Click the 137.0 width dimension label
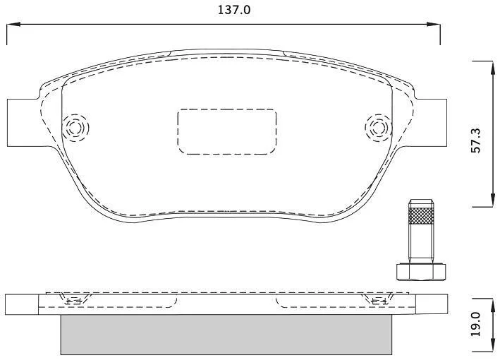[x=234, y=10]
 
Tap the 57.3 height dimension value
[x=475, y=140]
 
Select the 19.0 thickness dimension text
[x=475, y=324]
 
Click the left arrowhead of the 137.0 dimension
[x=13, y=24]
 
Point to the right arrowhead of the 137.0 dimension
[x=434, y=24]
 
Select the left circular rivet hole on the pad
[x=75, y=128]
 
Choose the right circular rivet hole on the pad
[x=378, y=128]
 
